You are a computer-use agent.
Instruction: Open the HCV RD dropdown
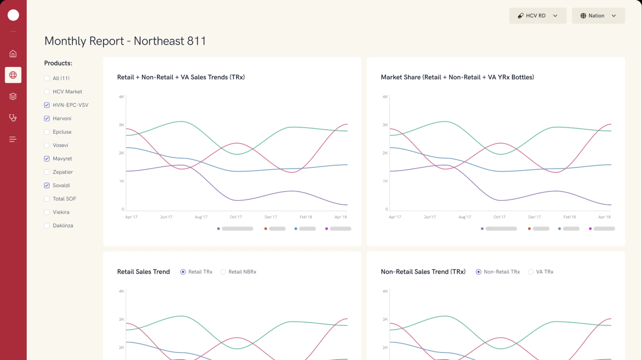(x=537, y=16)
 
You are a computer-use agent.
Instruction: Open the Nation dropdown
(x=598, y=16)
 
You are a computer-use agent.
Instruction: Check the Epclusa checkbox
(x=47, y=132)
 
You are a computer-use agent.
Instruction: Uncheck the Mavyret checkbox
(x=47, y=159)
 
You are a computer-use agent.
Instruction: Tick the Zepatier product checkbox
(x=47, y=172)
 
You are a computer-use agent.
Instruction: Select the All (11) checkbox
(x=47, y=78)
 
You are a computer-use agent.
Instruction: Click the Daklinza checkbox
(x=47, y=226)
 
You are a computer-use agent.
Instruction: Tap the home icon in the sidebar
(x=13, y=54)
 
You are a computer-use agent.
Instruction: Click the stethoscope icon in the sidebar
(x=13, y=118)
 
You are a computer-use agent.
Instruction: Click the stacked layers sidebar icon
(x=13, y=96)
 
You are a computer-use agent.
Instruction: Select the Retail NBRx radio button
(x=223, y=272)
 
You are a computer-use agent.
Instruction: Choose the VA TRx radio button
(x=531, y=272)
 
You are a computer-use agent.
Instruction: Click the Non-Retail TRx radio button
(x=478, y=272)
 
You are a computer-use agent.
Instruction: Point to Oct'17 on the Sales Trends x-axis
(x=236, y=217)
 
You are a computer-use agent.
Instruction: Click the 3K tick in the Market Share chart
(x=385, y=125)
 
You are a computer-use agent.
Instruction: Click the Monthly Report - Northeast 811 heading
(x=125, y=41)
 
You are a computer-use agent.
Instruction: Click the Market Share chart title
(x=457, y=77)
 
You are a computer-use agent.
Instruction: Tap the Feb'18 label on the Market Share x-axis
(x=569, y=217)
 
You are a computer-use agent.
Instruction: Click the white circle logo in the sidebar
(x=13, y=15)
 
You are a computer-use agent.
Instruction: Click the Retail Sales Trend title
(x=143, y=272)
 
